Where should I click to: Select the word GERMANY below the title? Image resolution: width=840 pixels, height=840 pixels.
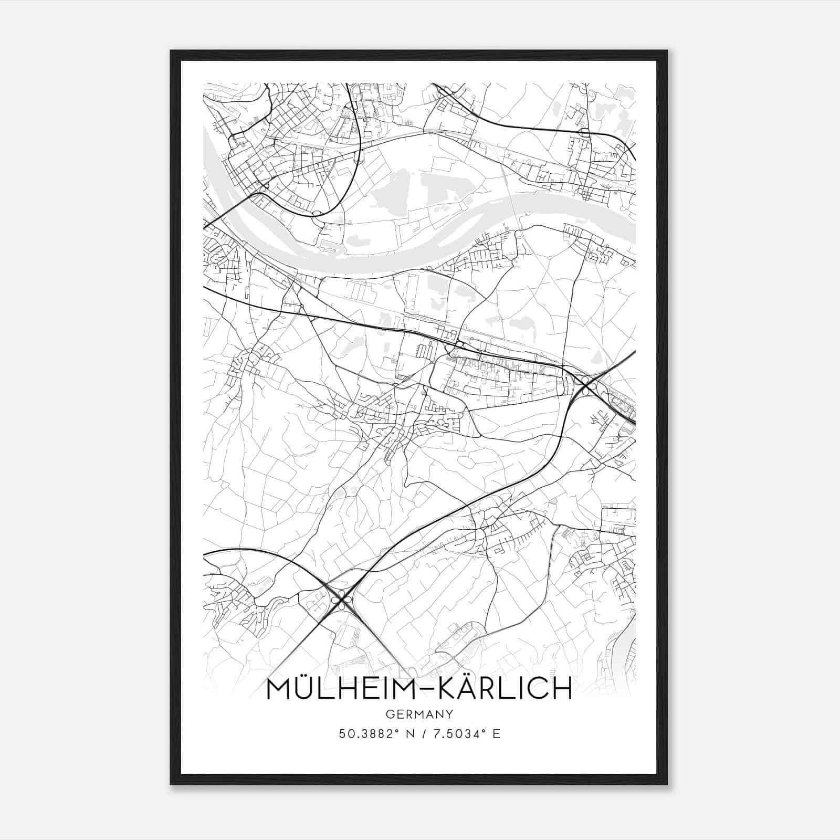[x=419, y=714]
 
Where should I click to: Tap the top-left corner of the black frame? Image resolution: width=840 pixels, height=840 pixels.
[x=171, y=51]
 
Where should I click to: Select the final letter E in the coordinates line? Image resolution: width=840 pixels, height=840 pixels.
[x=496, y=733]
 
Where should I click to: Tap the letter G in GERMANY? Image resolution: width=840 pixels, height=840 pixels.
[x=389, y=714]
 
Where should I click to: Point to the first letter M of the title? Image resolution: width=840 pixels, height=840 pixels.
[x=277, y=689]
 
